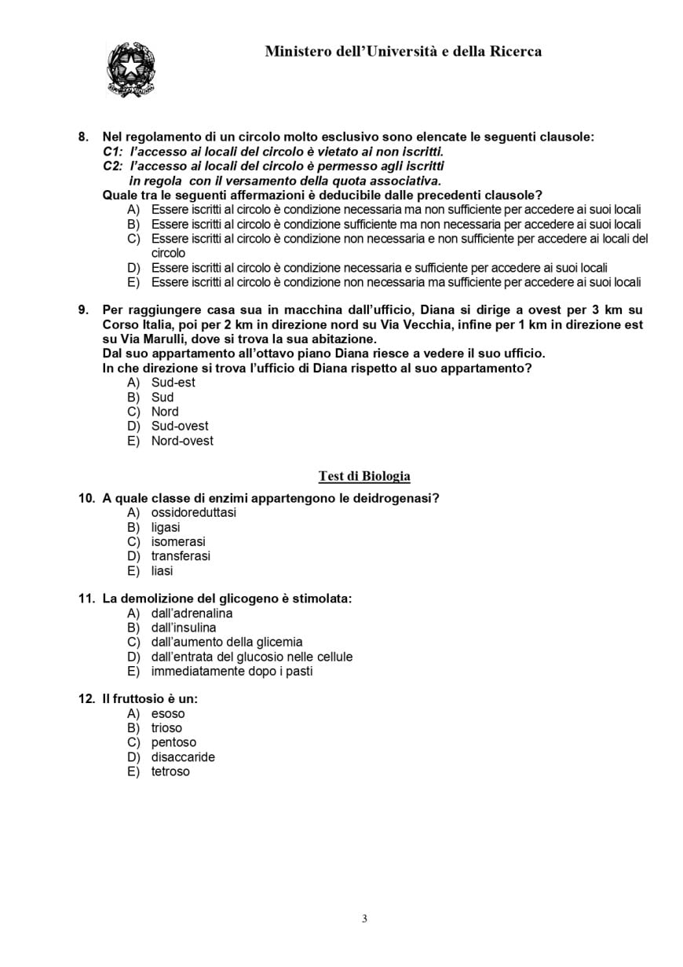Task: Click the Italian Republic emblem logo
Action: [x=130, y=70]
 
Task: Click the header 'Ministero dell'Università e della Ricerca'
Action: [x=403, y=52]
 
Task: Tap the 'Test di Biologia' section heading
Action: [x=364, y=476]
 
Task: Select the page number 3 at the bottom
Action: [x=364, y=919]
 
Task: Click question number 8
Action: [x=83, y=137]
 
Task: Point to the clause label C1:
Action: [x=113, y=152]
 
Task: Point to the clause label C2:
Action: [x=113, y=167]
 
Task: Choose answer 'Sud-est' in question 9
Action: [x=173, y=383]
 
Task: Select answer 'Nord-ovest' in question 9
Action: [x=182, y=441]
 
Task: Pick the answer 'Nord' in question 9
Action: [x=165, y=412]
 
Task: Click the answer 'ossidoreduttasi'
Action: [x=193, y=513]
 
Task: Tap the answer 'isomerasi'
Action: [x=178, y=542]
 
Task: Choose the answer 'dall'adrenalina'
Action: [x=192, y=614]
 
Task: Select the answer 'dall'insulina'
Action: [x=184, y=628]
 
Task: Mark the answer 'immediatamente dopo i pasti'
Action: [x=232, y=672]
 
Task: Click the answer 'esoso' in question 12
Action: [x=168, y=714]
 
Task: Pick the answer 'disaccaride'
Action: [x=183, y=757]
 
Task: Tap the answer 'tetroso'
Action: [x=170, y=771]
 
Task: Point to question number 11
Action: [x=86, y=599]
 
